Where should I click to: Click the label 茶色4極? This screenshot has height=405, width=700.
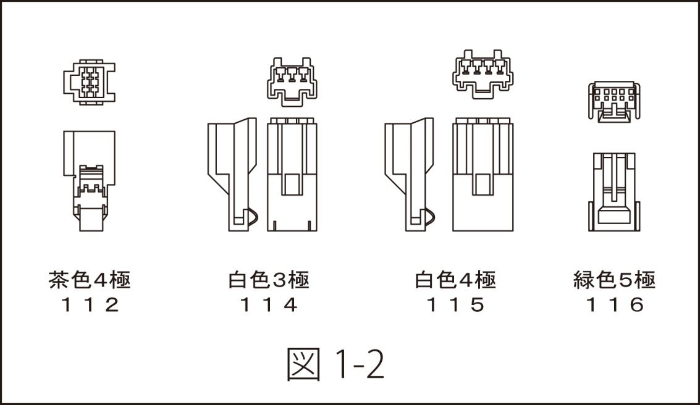90,280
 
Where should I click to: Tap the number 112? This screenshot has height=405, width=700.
90,305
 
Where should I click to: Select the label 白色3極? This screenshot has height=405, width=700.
269,280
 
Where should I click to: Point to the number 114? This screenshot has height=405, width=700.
269,305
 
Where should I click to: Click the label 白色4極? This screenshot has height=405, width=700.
455,280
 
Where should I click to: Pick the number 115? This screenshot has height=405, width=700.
455,305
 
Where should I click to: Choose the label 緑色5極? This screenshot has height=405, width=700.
614,280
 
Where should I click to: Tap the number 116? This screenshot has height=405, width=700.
615,305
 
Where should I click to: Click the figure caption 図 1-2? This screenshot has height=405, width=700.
335,364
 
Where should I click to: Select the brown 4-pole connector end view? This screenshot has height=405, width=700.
90,82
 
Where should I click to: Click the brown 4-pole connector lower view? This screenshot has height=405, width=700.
90,181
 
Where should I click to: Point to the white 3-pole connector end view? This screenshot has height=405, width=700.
292,81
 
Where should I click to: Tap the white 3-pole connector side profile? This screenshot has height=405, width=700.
232,174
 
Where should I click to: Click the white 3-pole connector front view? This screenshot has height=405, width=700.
292,174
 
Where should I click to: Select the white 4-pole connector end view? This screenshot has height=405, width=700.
483,73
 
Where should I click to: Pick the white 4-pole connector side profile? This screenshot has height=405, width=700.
409,174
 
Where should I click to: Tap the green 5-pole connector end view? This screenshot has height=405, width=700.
614,102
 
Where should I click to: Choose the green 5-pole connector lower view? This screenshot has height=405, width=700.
614,192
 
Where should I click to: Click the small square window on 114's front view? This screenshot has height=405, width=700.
292,183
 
